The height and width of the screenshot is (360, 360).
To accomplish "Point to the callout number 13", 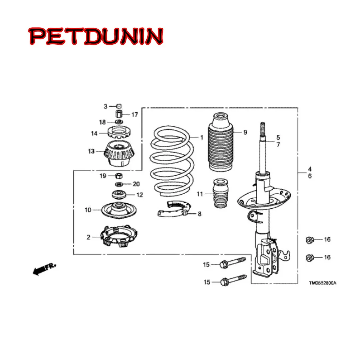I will (x=91, y=151).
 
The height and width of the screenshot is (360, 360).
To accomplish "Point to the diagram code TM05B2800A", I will (x=322, y=283).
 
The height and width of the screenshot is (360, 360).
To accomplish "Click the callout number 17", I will (x=134, y=115).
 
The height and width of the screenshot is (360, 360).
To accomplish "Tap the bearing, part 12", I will (x=118, y=194).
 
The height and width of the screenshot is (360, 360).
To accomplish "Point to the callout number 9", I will (x=245, y=132).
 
